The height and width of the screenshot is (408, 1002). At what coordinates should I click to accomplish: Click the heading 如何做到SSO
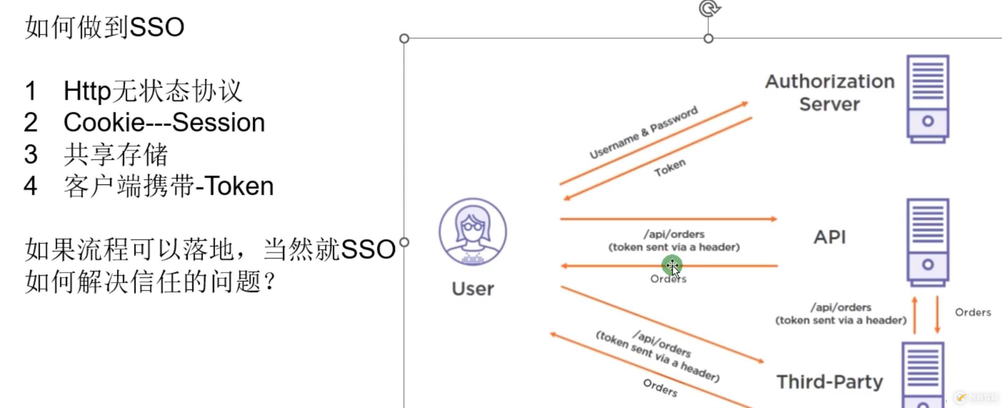(x=105, y=27)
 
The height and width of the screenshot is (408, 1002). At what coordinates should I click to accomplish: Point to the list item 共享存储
(x=116, y=155)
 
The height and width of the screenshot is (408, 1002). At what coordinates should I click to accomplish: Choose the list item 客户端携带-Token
(x=169, y=186)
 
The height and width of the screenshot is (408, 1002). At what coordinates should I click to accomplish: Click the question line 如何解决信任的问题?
(x=151, y=281)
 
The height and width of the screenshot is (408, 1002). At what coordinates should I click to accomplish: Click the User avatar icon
(x=473, y=232)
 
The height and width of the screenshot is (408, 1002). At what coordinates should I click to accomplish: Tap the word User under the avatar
(x=473, y=288)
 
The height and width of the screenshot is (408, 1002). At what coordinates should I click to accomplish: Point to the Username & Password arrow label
(x=644, y=132)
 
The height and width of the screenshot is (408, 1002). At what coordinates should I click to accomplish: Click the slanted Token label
(x=670, y=168)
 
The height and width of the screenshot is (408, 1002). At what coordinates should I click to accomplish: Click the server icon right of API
(x=928, y=243)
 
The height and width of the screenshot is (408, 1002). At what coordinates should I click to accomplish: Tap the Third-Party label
(x=830, y=381)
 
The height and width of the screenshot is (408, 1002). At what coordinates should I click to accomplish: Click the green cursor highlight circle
(x=672, y=265)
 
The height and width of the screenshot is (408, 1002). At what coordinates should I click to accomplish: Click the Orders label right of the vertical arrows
(x=973, y=312)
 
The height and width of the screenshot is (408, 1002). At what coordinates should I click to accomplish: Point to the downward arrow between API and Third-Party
(x=937, y=315)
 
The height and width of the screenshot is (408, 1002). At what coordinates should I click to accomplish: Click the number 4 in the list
(x=31, y=186)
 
